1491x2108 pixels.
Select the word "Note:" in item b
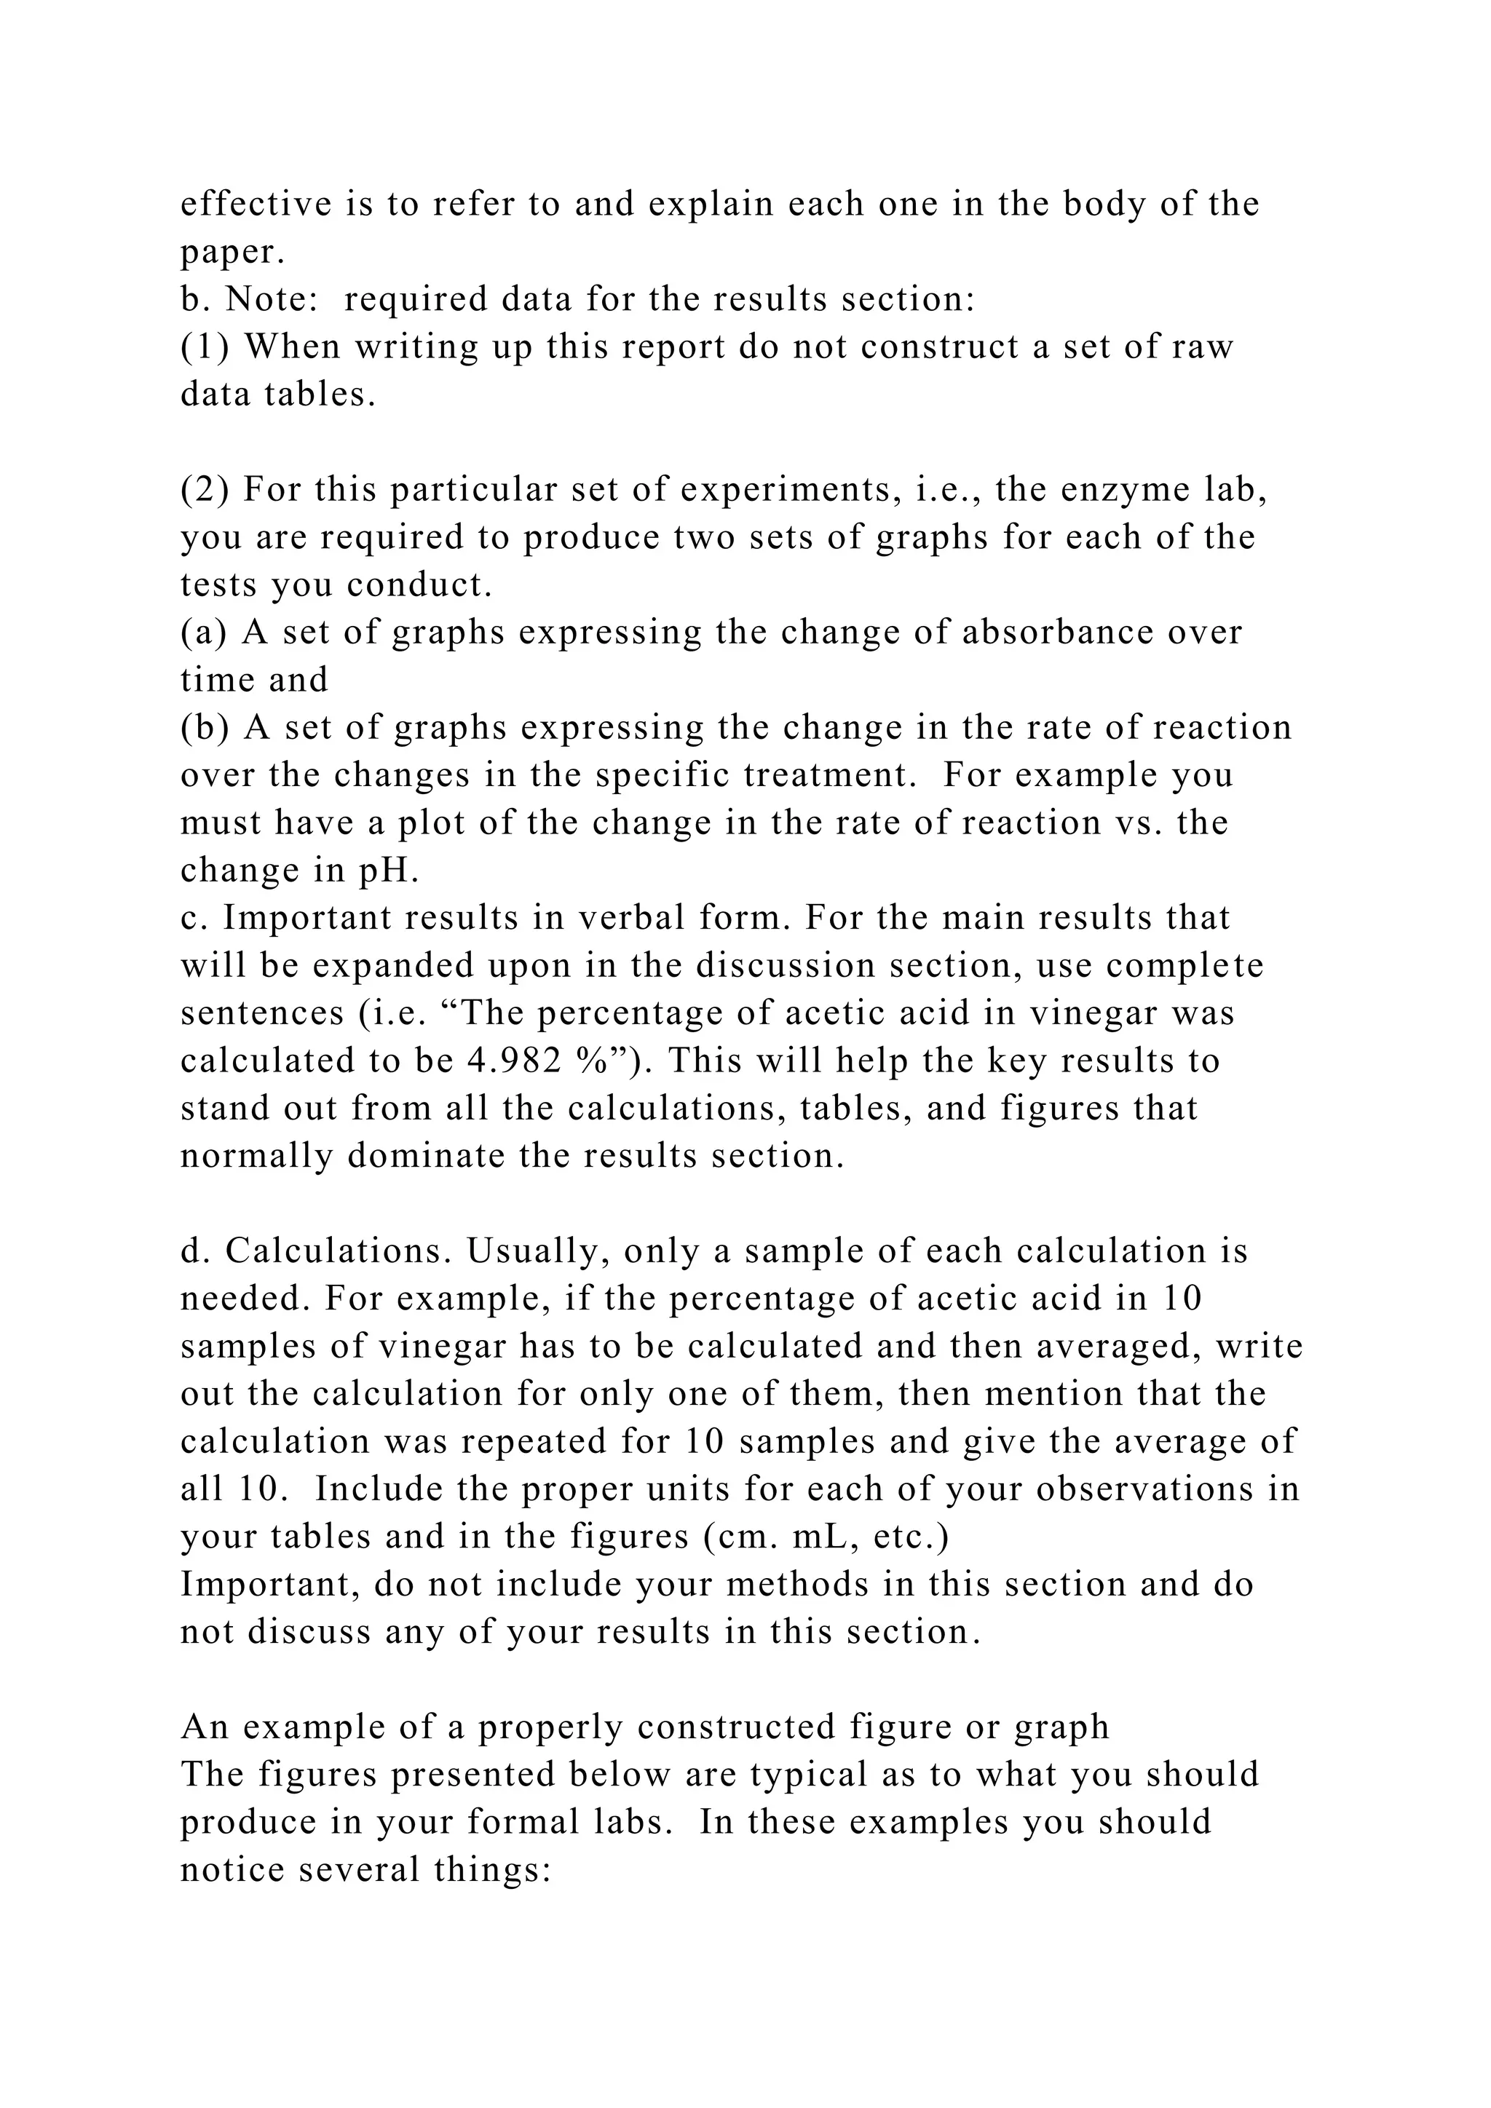pos(271,299)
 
